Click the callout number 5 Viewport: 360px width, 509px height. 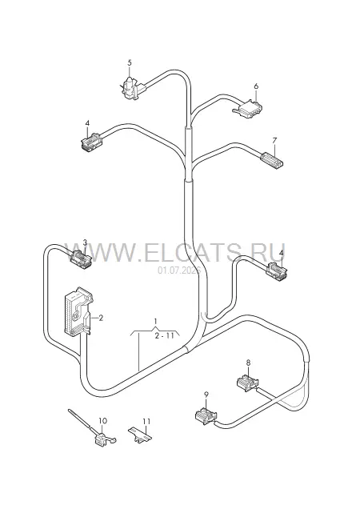pyautogui.click(x=130, y=62)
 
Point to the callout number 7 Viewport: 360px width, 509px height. pyautogui.click(x=274, y=141)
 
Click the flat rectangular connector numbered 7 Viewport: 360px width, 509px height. pyautogui.click(x=273, y=161)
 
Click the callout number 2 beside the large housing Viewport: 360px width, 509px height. pyautogui.click(x=101, y=319)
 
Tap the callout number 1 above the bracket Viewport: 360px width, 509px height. pyautogui.click(x=155, y=322)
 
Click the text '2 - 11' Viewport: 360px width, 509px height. pyautogui.click(x=165, y=335)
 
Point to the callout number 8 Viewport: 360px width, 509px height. pyautogui.click(x=248, y=363)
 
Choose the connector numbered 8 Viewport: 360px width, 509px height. pyautogui.click(x=248, y=382)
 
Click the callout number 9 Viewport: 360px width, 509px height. pyautogui.click(x=206, y=395)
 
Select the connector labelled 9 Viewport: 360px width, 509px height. pyautogui.click(x=206, y=415)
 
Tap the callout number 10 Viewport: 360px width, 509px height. pyautogui.click(x=102, y=421)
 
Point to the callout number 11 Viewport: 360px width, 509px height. pyautogui.click(x=146, y=421)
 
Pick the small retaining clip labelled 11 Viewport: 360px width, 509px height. pyautogui.click(x=140, y=435)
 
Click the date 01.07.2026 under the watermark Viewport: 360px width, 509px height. pyautogui.click(x=179, y=270)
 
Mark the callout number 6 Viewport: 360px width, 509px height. pyautogui.click(x=256, y=86)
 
